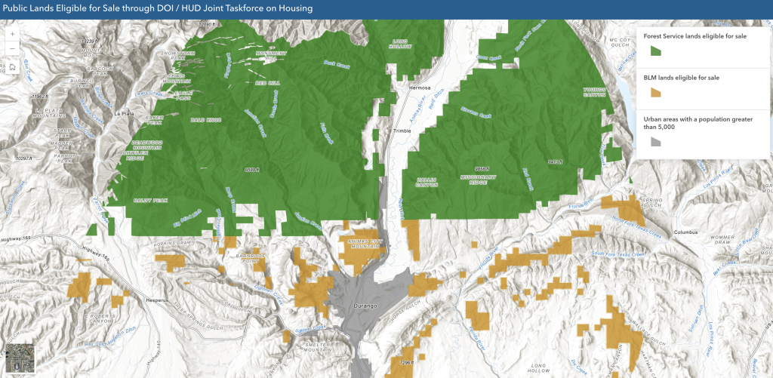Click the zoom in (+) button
tap(13, 34)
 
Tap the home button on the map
tap(13, 67)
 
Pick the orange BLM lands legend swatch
tap(655, 92)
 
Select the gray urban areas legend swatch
tap(655, 141)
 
